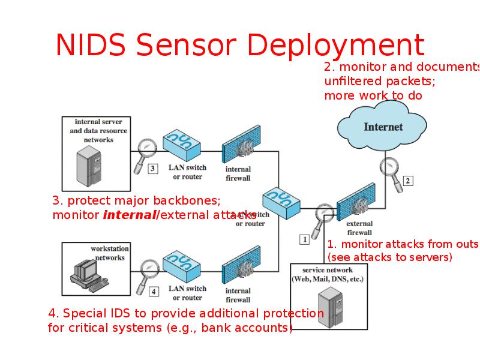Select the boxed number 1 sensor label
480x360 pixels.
click(x=304, y=239)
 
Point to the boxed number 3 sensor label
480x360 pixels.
click(x=152, y=169)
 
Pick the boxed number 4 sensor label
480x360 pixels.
click(x=154, y=292)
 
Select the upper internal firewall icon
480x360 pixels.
click(x=241, y=144)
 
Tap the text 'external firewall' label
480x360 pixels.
click(x=359, y=229)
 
